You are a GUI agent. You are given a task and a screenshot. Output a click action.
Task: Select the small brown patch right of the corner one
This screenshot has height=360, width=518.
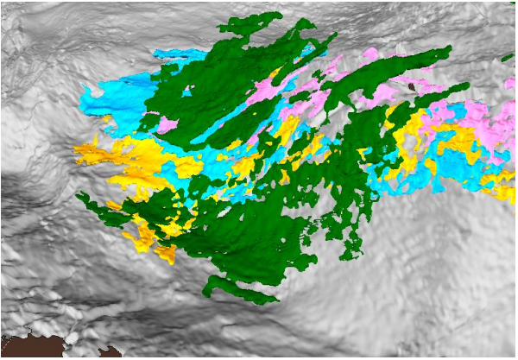110,352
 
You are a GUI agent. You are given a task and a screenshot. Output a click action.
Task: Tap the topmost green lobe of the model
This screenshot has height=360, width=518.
250,22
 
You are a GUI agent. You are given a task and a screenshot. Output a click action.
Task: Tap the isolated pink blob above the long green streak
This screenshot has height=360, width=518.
370,54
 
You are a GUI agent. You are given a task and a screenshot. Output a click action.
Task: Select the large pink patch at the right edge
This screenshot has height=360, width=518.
492,121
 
